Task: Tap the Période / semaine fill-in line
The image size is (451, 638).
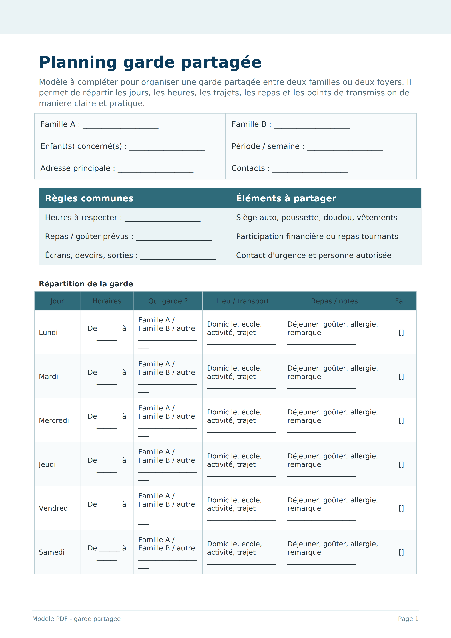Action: click(x=344, y=148)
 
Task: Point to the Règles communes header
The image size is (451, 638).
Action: click(x=89, y=198)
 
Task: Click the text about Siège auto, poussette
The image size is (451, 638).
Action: click(x=316, y=218)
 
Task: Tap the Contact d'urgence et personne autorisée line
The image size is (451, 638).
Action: click(x=314, y=255)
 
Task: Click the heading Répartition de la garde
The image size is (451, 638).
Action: click(x=86, y=284)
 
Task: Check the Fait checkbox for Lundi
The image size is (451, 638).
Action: click(x=401, y=333)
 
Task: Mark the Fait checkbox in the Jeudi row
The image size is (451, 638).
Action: click(x=401, y=464)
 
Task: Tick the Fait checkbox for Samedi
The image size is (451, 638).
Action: click(x=401, y=552)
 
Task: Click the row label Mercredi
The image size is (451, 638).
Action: click(x=54, y=420)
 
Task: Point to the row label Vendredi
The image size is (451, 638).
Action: click(x=54, y=508)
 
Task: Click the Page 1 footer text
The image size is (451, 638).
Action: click(x=408, y=619)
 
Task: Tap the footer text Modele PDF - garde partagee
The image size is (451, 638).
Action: click(x=76, y=619)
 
